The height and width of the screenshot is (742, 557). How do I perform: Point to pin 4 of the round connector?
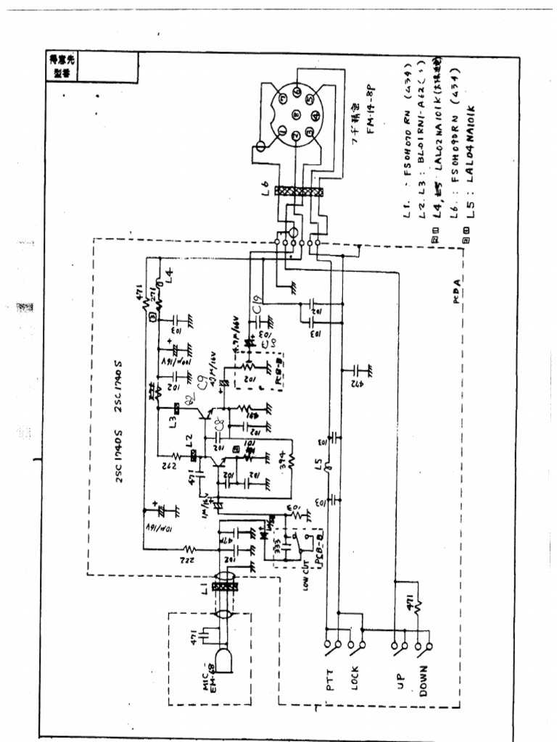pyautogui.click(x=315, y=115)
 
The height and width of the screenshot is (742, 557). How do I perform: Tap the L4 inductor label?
pyautogui.click(x=168, y=275)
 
